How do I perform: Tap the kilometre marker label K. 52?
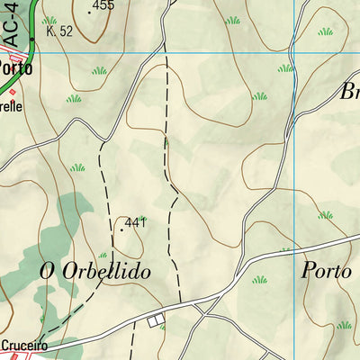coord(58,31)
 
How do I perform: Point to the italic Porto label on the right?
coord(325,269)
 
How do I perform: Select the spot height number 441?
coord(135,222)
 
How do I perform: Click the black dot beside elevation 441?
coord(121,229)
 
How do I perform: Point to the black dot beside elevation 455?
coord(89,12)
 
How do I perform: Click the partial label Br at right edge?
coord(348,92)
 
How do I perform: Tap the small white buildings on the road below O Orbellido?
coord(157,319)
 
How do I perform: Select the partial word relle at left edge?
coord(11,104)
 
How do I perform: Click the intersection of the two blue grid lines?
coord(295,53)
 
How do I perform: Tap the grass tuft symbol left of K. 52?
coord(49,19)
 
